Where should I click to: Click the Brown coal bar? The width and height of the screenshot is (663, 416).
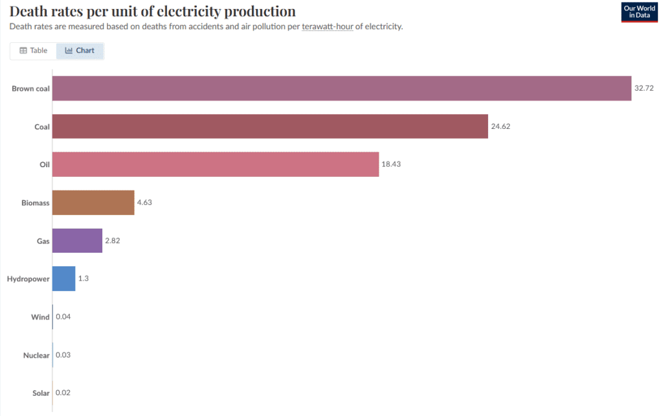341,88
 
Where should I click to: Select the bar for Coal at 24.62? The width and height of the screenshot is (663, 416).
269,126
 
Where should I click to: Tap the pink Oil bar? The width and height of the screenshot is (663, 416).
215,165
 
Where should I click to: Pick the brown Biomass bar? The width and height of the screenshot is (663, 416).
93,202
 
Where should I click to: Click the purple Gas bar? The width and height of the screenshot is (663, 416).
77,240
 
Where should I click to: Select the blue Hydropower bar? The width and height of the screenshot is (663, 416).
63,279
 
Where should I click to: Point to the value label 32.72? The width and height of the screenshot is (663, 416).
644,88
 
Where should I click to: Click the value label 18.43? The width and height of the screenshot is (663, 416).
390,165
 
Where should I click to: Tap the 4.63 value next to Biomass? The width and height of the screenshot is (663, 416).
144,202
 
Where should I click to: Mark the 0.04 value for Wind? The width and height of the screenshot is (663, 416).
63,317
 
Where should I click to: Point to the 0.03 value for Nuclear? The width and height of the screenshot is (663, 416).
63,355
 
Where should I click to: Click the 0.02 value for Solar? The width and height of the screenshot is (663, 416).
63,393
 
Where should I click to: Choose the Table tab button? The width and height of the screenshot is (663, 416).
34,51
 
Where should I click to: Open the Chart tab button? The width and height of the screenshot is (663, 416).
80,51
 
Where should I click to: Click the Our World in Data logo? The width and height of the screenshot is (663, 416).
639,12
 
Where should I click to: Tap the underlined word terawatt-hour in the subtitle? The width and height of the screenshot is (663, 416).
327,27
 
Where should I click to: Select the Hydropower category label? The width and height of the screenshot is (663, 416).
28,279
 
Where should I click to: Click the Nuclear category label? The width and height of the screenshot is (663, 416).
36,355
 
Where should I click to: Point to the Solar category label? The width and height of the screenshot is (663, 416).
41,393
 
